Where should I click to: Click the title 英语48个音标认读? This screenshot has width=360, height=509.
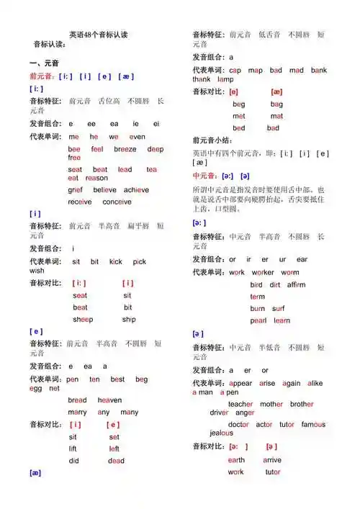click(98, 35)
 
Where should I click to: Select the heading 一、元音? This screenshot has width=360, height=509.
click(42, 63)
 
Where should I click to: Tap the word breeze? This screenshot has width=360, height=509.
click(125, 149)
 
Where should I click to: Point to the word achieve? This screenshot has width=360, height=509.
click(135, 190)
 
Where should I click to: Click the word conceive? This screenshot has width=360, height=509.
click(117, 202)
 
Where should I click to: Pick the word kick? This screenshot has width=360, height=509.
click(115, 261)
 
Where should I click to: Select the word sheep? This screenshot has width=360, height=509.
click(83, 319)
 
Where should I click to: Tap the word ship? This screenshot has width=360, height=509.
click(129, 319)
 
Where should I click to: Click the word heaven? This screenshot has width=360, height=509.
click(109, 400)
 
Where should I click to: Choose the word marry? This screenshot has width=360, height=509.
click(77, 413)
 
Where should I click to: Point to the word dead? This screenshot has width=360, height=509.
click(116, 461)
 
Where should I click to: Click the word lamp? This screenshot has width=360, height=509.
click(225, 79)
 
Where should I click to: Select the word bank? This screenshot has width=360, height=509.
click(319, 71)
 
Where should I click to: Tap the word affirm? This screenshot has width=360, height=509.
click(296, 284)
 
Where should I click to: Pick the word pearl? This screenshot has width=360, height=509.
click(258, 320)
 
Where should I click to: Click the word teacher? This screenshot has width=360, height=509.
click(240, 405)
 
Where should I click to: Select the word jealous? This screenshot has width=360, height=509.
click(221, 433)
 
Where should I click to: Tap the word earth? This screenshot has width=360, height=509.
click(236, 460)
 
